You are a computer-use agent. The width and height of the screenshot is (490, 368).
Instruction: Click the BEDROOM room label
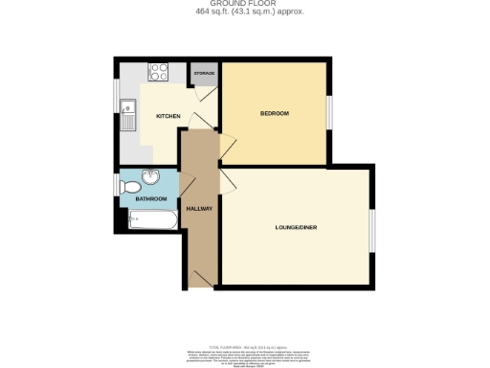pyautogui.click(x=274, y=114)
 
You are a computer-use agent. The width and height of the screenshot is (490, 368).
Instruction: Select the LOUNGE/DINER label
pyautogui.click(x=295, y=227)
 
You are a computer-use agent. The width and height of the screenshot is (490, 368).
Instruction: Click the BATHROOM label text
pyautogui.click(x=150, y=199)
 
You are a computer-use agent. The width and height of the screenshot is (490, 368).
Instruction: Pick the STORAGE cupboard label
pyautogui.click(x=204, y=73)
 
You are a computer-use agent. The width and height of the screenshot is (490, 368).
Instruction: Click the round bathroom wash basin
pyautogui.click(x=151, y=177)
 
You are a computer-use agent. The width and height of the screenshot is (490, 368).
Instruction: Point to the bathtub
pyautogui.click(x=152, y=219)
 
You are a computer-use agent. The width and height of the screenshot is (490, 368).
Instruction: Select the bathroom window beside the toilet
pyautogui.click(x=116, y=181)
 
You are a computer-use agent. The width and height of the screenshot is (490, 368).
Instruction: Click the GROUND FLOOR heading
pyautogui.click(x=245, y=4)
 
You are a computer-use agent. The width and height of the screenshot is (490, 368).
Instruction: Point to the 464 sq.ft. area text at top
pyautogui.click(x=245, y=11)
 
